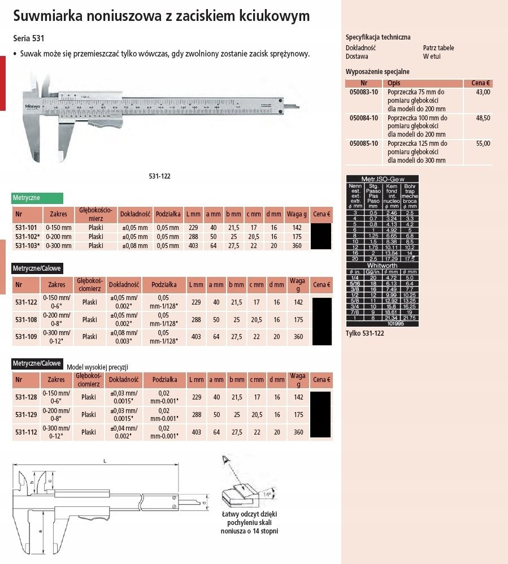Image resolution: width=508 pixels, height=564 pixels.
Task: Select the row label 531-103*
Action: [27, 246]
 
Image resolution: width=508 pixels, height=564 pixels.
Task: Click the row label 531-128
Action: [27, 398]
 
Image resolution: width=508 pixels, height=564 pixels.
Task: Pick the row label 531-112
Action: [27, 432]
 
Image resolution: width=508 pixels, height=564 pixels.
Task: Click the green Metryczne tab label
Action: [27, 198]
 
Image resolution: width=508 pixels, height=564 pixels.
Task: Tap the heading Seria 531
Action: [29, 39]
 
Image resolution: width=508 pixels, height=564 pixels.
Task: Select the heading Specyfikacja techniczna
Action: [378, 37]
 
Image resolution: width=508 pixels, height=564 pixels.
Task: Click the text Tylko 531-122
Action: [365, 335]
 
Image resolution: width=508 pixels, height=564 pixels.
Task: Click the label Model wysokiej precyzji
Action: [98, 367]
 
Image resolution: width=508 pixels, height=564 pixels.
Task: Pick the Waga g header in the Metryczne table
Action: [297, 214]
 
